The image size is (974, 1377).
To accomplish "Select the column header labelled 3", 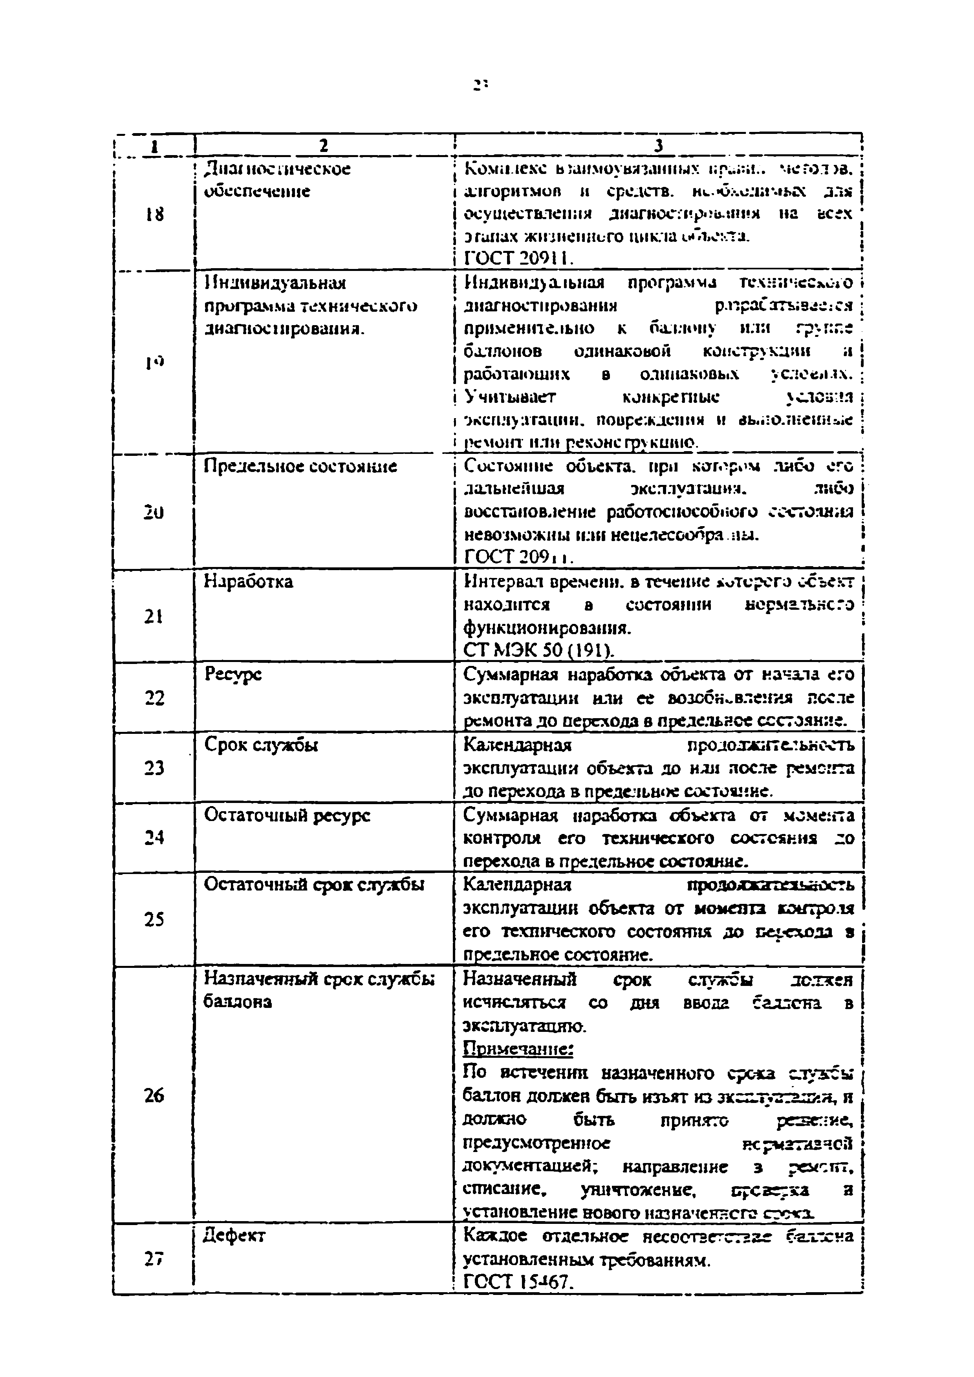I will pyautogui.click(x=658, y=145).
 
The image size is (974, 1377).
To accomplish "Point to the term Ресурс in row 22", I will pyautogui.click(x=233, y=675).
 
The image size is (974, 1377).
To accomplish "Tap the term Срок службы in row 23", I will pyautogui.click(x=261, y=745).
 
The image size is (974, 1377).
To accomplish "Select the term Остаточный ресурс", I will pyautogui.click(x=287, y=815).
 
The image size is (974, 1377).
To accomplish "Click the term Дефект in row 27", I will pyautogui.click(x=234, y=1236).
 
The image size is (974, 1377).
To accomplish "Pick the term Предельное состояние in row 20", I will pyautogui.click(x=300, y=466).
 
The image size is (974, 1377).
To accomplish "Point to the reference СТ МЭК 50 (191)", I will pyautogui.click(x=538, y=651).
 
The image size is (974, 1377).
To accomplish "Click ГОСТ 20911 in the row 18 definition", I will pyautogui.click(x=519, y=258).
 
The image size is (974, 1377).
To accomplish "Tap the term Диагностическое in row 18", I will pyautogui.click(x=277, y=169).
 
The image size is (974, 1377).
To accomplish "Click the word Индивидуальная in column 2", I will pyautogui.click(x=275, y=283).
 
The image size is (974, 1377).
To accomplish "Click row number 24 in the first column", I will pyautogui.click(x=154, y=837).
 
